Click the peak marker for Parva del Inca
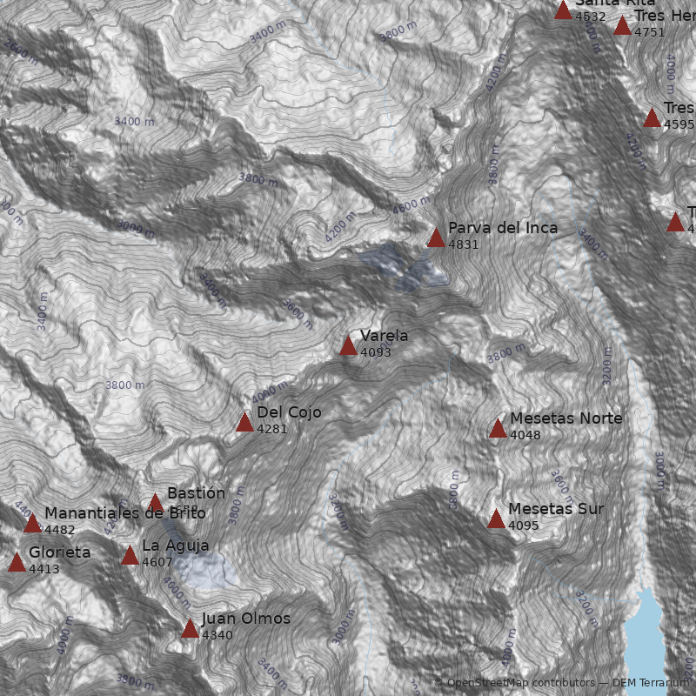coord(436,238)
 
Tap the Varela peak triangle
coord(348,346)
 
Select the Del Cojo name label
coord(289,412)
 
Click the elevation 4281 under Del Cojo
coord(271,429)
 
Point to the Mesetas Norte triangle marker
coord(498,428)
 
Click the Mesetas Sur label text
coord(555,509)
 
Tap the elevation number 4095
coord(524,525)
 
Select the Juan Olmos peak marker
coord(190,629)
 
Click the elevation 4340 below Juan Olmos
coord(217,635)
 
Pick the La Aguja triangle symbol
coord(130,556)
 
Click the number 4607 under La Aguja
coord(157,562)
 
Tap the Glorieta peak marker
coord(17,563)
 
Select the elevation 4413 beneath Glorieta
coord(44,569)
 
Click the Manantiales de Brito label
coord(124,513)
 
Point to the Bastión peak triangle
coord(155,503)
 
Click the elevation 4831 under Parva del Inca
coord(463,244)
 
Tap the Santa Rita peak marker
coord(563,10)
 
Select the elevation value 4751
coord(649,32)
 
